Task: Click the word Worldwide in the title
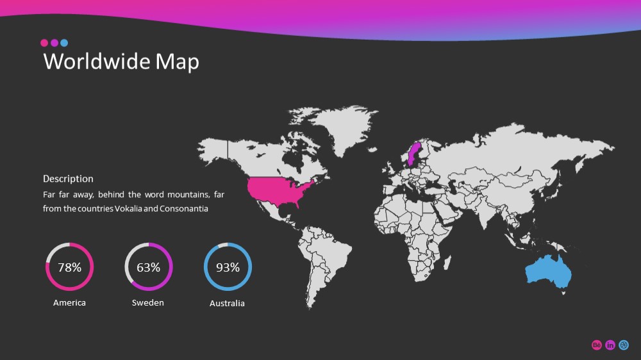pos(97,61)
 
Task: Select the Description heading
pos(68,179)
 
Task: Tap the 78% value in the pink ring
pos(69,267)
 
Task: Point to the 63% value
pos(149,267)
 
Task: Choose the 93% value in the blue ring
pos(228,267)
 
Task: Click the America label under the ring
pos(69,303)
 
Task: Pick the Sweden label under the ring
pos(148,303)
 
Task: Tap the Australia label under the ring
pos(227,303)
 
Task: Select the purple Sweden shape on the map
pos(414,153)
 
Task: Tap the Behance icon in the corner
pos(596,345)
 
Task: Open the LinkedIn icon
pos(610,345)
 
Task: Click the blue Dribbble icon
pos(624,345)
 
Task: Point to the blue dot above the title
pos(64,43)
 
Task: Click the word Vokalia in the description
pos(128,208)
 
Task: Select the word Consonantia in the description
pos(184,208)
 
